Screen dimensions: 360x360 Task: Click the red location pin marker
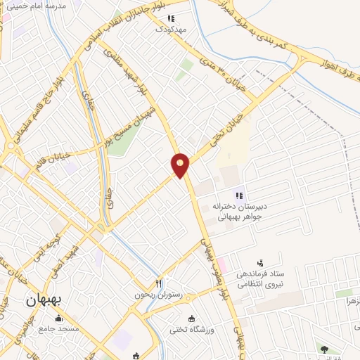coord(180,165)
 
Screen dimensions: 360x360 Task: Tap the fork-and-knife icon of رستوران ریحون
coord(159,283)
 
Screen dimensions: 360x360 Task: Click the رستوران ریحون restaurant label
coord(158,295)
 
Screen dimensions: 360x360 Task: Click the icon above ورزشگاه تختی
coord(190,318)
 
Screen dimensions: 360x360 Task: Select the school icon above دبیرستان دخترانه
coord(239,195)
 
